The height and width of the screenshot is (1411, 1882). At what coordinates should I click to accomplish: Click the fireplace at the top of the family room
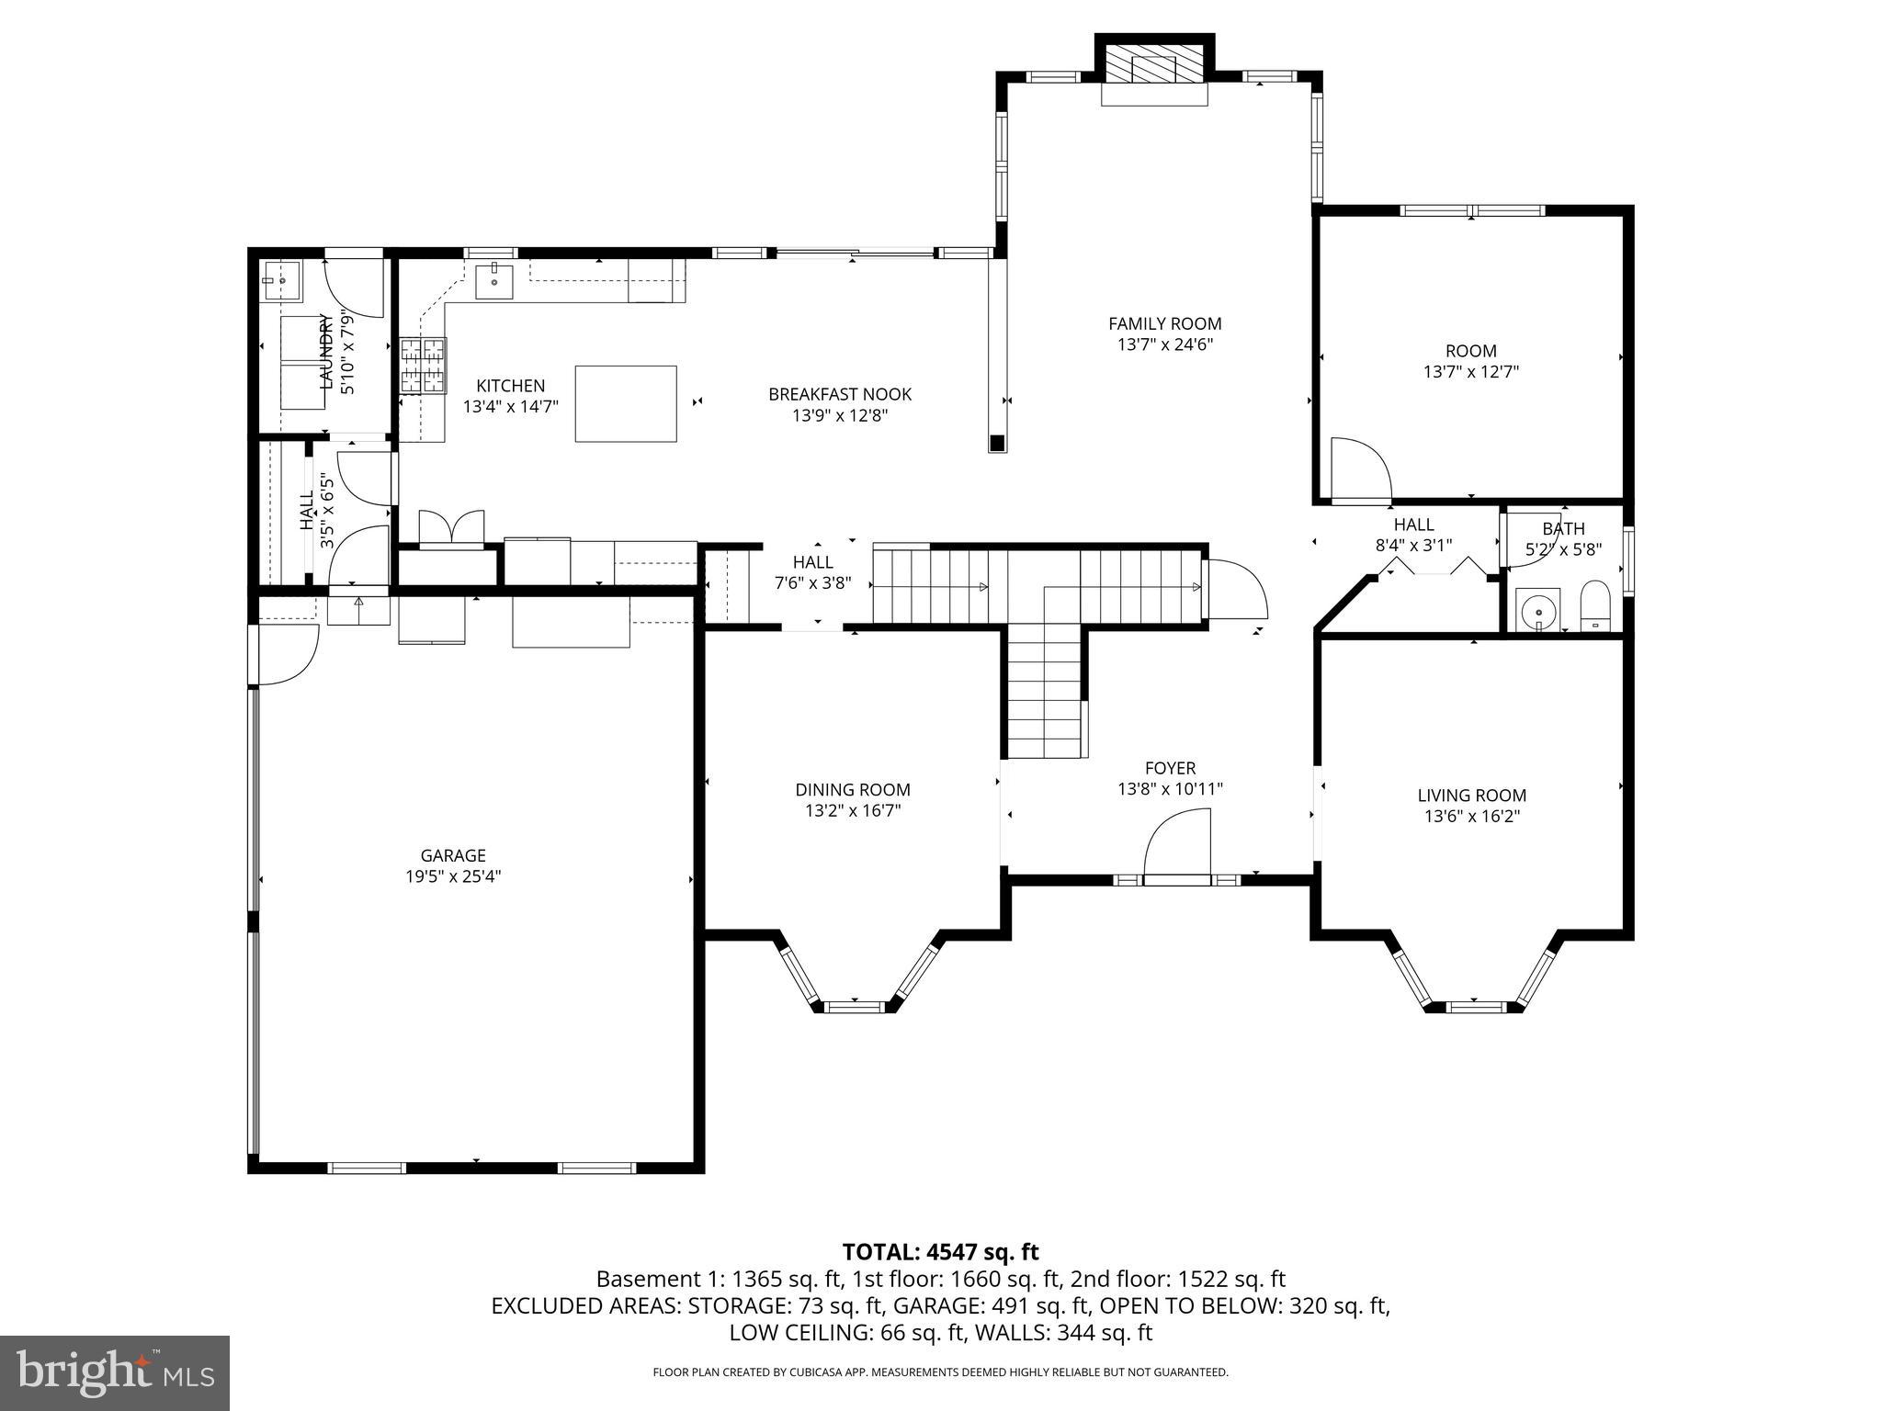pos(1154,69)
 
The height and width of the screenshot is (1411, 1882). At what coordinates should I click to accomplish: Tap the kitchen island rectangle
pos(626,404)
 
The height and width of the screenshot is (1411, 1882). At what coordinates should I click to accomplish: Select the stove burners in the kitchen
pos(423,366)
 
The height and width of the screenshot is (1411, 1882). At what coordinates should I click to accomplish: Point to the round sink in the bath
pos(1537,610)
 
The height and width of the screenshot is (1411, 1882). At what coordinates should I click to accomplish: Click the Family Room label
pos(1164,323)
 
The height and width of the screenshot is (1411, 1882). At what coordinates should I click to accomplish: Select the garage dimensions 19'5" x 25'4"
pos(453,876)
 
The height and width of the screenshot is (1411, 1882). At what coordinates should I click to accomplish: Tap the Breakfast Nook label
pos(840,394)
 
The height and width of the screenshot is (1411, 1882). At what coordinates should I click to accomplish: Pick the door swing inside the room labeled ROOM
pos(1360,470)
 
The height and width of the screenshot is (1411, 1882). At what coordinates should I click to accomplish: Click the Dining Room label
pos(853,789)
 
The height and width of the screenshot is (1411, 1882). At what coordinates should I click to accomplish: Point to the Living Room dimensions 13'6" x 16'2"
pos(1471,817)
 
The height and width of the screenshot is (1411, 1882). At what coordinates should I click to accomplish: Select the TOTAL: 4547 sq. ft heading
pos(940,1251)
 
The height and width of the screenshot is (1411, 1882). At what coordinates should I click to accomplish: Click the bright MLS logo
pos(114,1372)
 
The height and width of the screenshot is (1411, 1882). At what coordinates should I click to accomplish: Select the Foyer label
pos(1170,768)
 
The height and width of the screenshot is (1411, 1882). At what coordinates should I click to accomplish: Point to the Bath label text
pos(1563,528)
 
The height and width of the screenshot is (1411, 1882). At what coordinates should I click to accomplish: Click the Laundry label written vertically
pos(324,351)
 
